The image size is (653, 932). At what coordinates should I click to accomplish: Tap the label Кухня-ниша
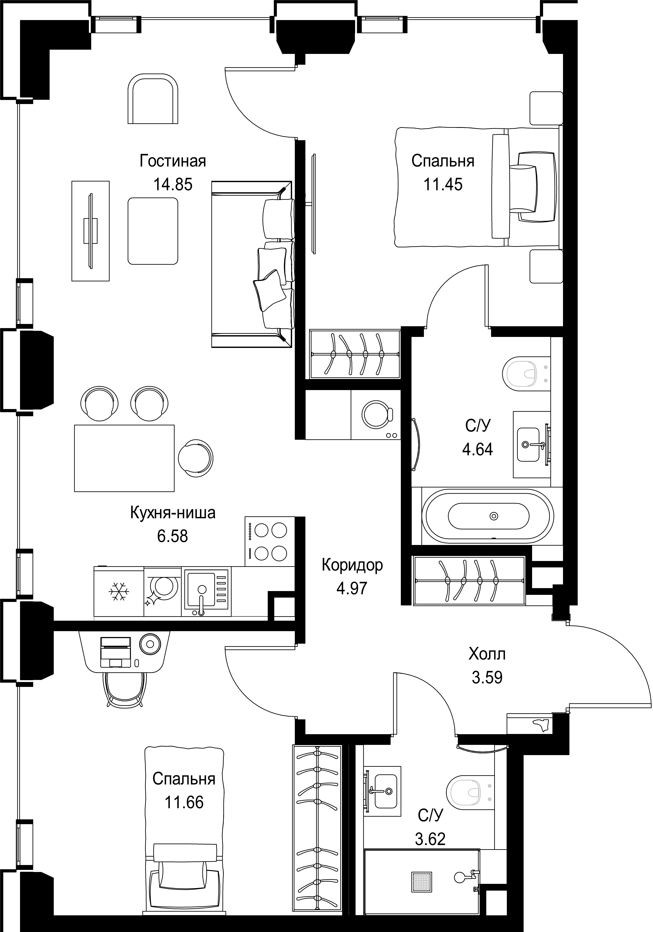(x=173, y=513)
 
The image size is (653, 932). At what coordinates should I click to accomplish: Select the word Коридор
(x=352, y=565)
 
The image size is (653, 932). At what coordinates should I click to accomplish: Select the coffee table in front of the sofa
(x=153, y=231)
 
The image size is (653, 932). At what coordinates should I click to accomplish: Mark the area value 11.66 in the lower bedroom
(x=184, y=802)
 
